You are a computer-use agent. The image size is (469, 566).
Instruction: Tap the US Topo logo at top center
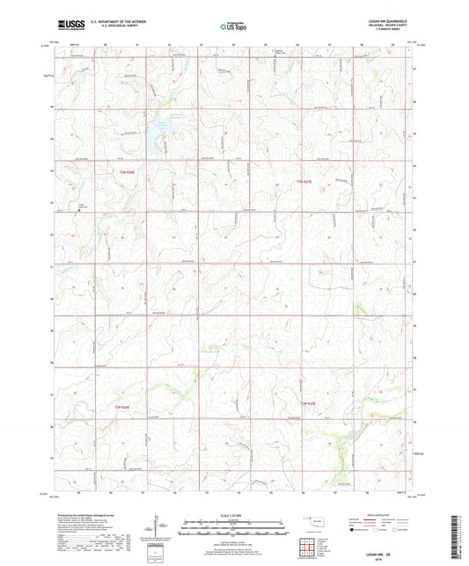point(233,27)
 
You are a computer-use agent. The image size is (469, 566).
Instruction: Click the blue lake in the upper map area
point(162,132)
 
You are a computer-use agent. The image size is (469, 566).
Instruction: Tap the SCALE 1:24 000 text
point(234,514)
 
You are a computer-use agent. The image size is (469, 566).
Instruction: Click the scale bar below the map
point(234,526)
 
